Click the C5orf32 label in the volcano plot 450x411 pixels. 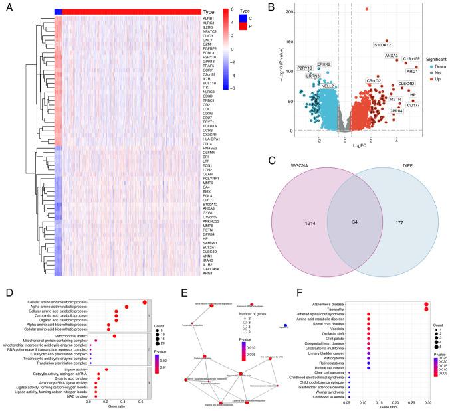point(373,80)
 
